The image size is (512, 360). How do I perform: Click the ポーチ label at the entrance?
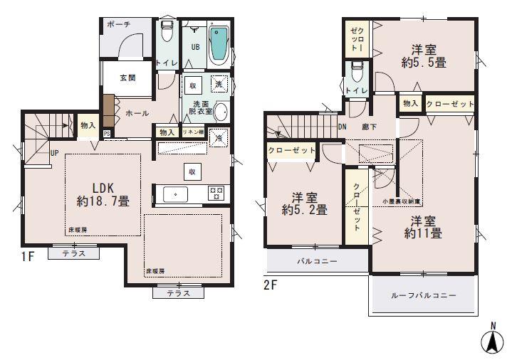pyautogui.click(x=118, y=24)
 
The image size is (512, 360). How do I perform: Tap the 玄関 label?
pyautogui.click(x=127, y=78)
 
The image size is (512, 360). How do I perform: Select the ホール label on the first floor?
pyautogui.click(x=137, y=113)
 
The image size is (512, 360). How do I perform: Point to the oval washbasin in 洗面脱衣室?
pyautogui.click(x=221, y=112)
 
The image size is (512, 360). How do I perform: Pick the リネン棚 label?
pyautogui.click(x=192, y=132)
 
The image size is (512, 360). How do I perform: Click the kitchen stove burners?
pyautogui.click(x=216, y=192)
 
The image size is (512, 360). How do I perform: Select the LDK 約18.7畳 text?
pyautogui.click(x=103, y=194)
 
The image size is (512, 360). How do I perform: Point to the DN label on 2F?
pyautogui.click(x=342, y=127)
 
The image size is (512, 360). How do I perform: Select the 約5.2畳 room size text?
pyautogui.click(x=304, y=210)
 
